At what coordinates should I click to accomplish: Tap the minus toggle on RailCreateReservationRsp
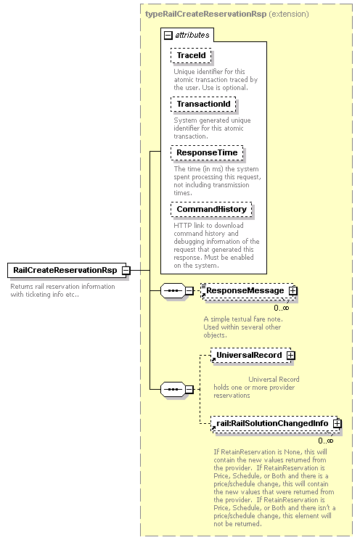[x=126, y=270]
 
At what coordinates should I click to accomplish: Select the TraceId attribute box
[x=191, y=55]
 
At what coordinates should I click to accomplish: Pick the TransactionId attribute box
[x=203, y=104]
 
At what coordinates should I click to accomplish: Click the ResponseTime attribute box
[x=207, y=152]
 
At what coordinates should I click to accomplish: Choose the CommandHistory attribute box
[x=211, y=209]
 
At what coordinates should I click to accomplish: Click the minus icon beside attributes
[x=168, y=35]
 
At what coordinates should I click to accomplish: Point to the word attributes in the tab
[x=192, y=35]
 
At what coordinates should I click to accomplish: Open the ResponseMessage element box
[x=247, y=291]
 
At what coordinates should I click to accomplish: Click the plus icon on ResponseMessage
[x=292, y=290]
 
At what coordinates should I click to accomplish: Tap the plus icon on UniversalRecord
[x=291, y=355]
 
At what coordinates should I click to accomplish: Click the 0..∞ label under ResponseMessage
[x=282, y=308]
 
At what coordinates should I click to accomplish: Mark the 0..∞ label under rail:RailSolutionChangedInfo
[x=326, y=441]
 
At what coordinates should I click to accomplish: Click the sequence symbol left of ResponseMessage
[x=173, y=290]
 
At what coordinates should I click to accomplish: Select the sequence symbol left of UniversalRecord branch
[x=173, y=390]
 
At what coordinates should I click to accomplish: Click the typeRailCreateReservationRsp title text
[x=205, y=14]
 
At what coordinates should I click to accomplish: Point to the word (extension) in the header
[x=289, y=14]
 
